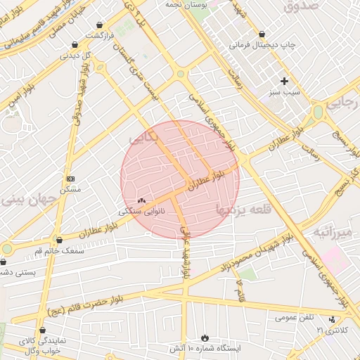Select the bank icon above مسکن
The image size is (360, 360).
point(70,179)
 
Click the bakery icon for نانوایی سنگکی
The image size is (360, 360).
point(141,200)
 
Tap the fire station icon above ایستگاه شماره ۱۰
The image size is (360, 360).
point(205,337)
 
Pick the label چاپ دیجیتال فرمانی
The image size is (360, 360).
point(262,45)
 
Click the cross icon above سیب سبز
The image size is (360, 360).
point(285,81)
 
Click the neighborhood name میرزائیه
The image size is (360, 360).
point(331,231)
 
